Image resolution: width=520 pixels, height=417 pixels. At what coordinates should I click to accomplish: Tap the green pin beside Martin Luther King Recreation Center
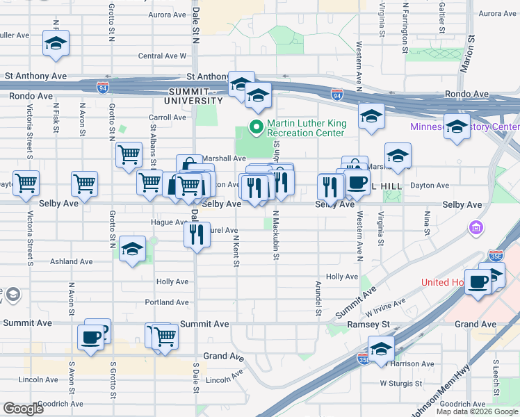(x=256, y=126)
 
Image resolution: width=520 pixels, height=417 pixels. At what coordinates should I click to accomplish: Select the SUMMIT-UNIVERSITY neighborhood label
(x=195, y=96)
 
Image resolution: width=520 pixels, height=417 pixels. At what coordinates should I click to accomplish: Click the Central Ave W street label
(x=162, y=56)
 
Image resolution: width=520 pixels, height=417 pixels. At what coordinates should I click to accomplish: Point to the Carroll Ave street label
(x=167, y=117)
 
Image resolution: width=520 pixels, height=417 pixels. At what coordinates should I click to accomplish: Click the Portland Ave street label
(x=167, y=302)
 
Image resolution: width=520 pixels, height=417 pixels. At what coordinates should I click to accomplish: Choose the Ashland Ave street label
(x=71, y=262)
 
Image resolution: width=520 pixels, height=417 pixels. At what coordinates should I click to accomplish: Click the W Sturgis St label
(x=401, y=383)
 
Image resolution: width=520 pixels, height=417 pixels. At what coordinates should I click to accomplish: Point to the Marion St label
(x=466, y=54)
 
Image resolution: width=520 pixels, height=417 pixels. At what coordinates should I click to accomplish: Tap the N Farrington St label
(x=405, y=28)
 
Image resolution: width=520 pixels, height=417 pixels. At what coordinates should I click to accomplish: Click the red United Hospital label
(x=443, y=282)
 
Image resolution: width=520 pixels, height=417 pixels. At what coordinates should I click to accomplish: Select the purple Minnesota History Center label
(x=464, y=127)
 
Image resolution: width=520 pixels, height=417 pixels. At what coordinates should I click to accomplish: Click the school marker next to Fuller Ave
(x=56, y=43)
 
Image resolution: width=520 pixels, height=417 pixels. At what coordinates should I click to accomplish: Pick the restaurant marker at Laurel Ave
(x=197, y=234)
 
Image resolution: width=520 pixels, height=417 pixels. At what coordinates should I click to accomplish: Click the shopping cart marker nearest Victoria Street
(x=26, y=183)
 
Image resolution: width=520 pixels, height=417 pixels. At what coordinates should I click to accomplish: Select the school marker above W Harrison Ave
(x=381, y=349)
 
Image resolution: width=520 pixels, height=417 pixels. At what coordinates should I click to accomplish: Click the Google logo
(x=23, y=409)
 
